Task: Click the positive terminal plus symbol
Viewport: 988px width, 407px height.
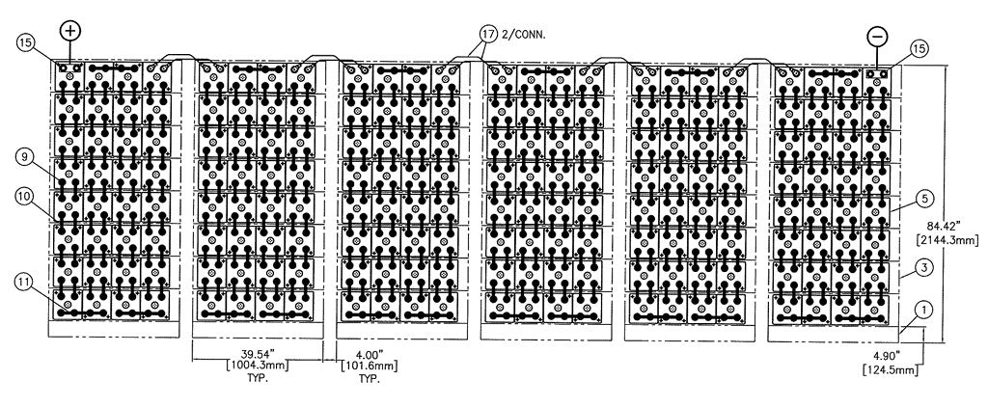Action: [71, 30]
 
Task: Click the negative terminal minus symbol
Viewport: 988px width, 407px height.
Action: [877, 35]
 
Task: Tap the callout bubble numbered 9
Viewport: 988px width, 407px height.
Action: [24, 155]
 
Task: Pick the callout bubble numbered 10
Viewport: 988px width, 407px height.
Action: [24, 196]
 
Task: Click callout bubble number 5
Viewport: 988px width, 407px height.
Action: [923, 200]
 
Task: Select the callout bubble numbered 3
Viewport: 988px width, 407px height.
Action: [923, 265]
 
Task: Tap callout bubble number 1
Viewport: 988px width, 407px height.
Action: [923, 310]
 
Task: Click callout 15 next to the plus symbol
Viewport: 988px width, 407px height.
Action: [26, 43]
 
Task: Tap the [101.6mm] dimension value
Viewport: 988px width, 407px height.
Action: [364, 366]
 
